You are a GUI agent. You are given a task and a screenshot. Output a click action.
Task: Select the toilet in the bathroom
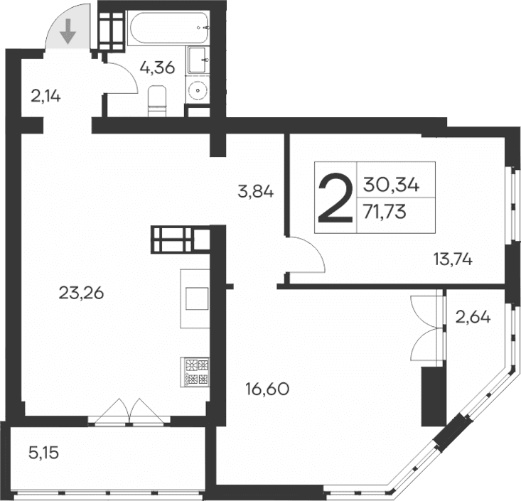point(156,99)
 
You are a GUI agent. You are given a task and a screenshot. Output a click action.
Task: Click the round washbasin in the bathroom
point(198,90)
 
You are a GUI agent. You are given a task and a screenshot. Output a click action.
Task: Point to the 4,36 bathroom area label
point(156,69)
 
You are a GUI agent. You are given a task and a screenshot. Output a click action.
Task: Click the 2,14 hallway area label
point(45,95)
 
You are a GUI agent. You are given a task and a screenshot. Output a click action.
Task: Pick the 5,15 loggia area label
point(43,451)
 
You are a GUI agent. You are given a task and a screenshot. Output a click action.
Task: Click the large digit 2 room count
point(334,198)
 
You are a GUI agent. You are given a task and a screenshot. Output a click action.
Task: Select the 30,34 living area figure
point(391,185)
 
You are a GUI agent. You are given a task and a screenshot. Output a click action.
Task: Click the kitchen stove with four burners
point(196,372)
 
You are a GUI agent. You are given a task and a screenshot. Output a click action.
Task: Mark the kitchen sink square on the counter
point(196,299)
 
